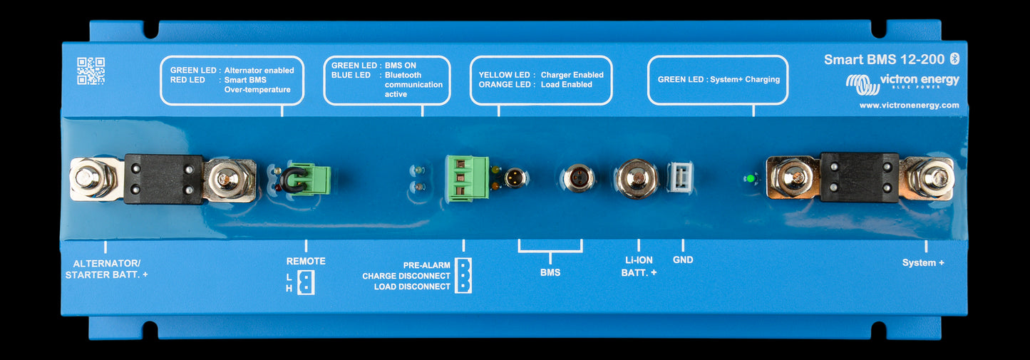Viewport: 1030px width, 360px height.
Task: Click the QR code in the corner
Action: tap(91, 71)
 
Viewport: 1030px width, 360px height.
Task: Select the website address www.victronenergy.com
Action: tap(909, 105)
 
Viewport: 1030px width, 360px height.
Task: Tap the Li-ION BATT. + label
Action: tap(639, 266)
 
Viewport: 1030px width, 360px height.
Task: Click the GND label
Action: tap(683, 259)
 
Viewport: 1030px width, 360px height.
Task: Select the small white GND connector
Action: tap(679, 177)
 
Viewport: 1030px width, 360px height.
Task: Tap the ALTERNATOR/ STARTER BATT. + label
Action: tap(106, 268)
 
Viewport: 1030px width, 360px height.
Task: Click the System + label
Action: tap(923, 262)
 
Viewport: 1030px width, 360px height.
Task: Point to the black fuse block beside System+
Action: tap(859, 177)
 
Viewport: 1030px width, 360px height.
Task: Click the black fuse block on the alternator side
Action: tap(164, 179)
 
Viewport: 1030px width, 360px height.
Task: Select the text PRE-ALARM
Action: tap(426, 264)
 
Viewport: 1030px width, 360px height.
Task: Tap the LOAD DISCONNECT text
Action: tap(412, 287)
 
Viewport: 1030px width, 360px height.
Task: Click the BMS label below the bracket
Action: tap(550, 272)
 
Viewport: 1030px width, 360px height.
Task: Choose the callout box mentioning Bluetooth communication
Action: tap(386, 80)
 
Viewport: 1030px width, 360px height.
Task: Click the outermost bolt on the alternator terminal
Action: tap(89, 178)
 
